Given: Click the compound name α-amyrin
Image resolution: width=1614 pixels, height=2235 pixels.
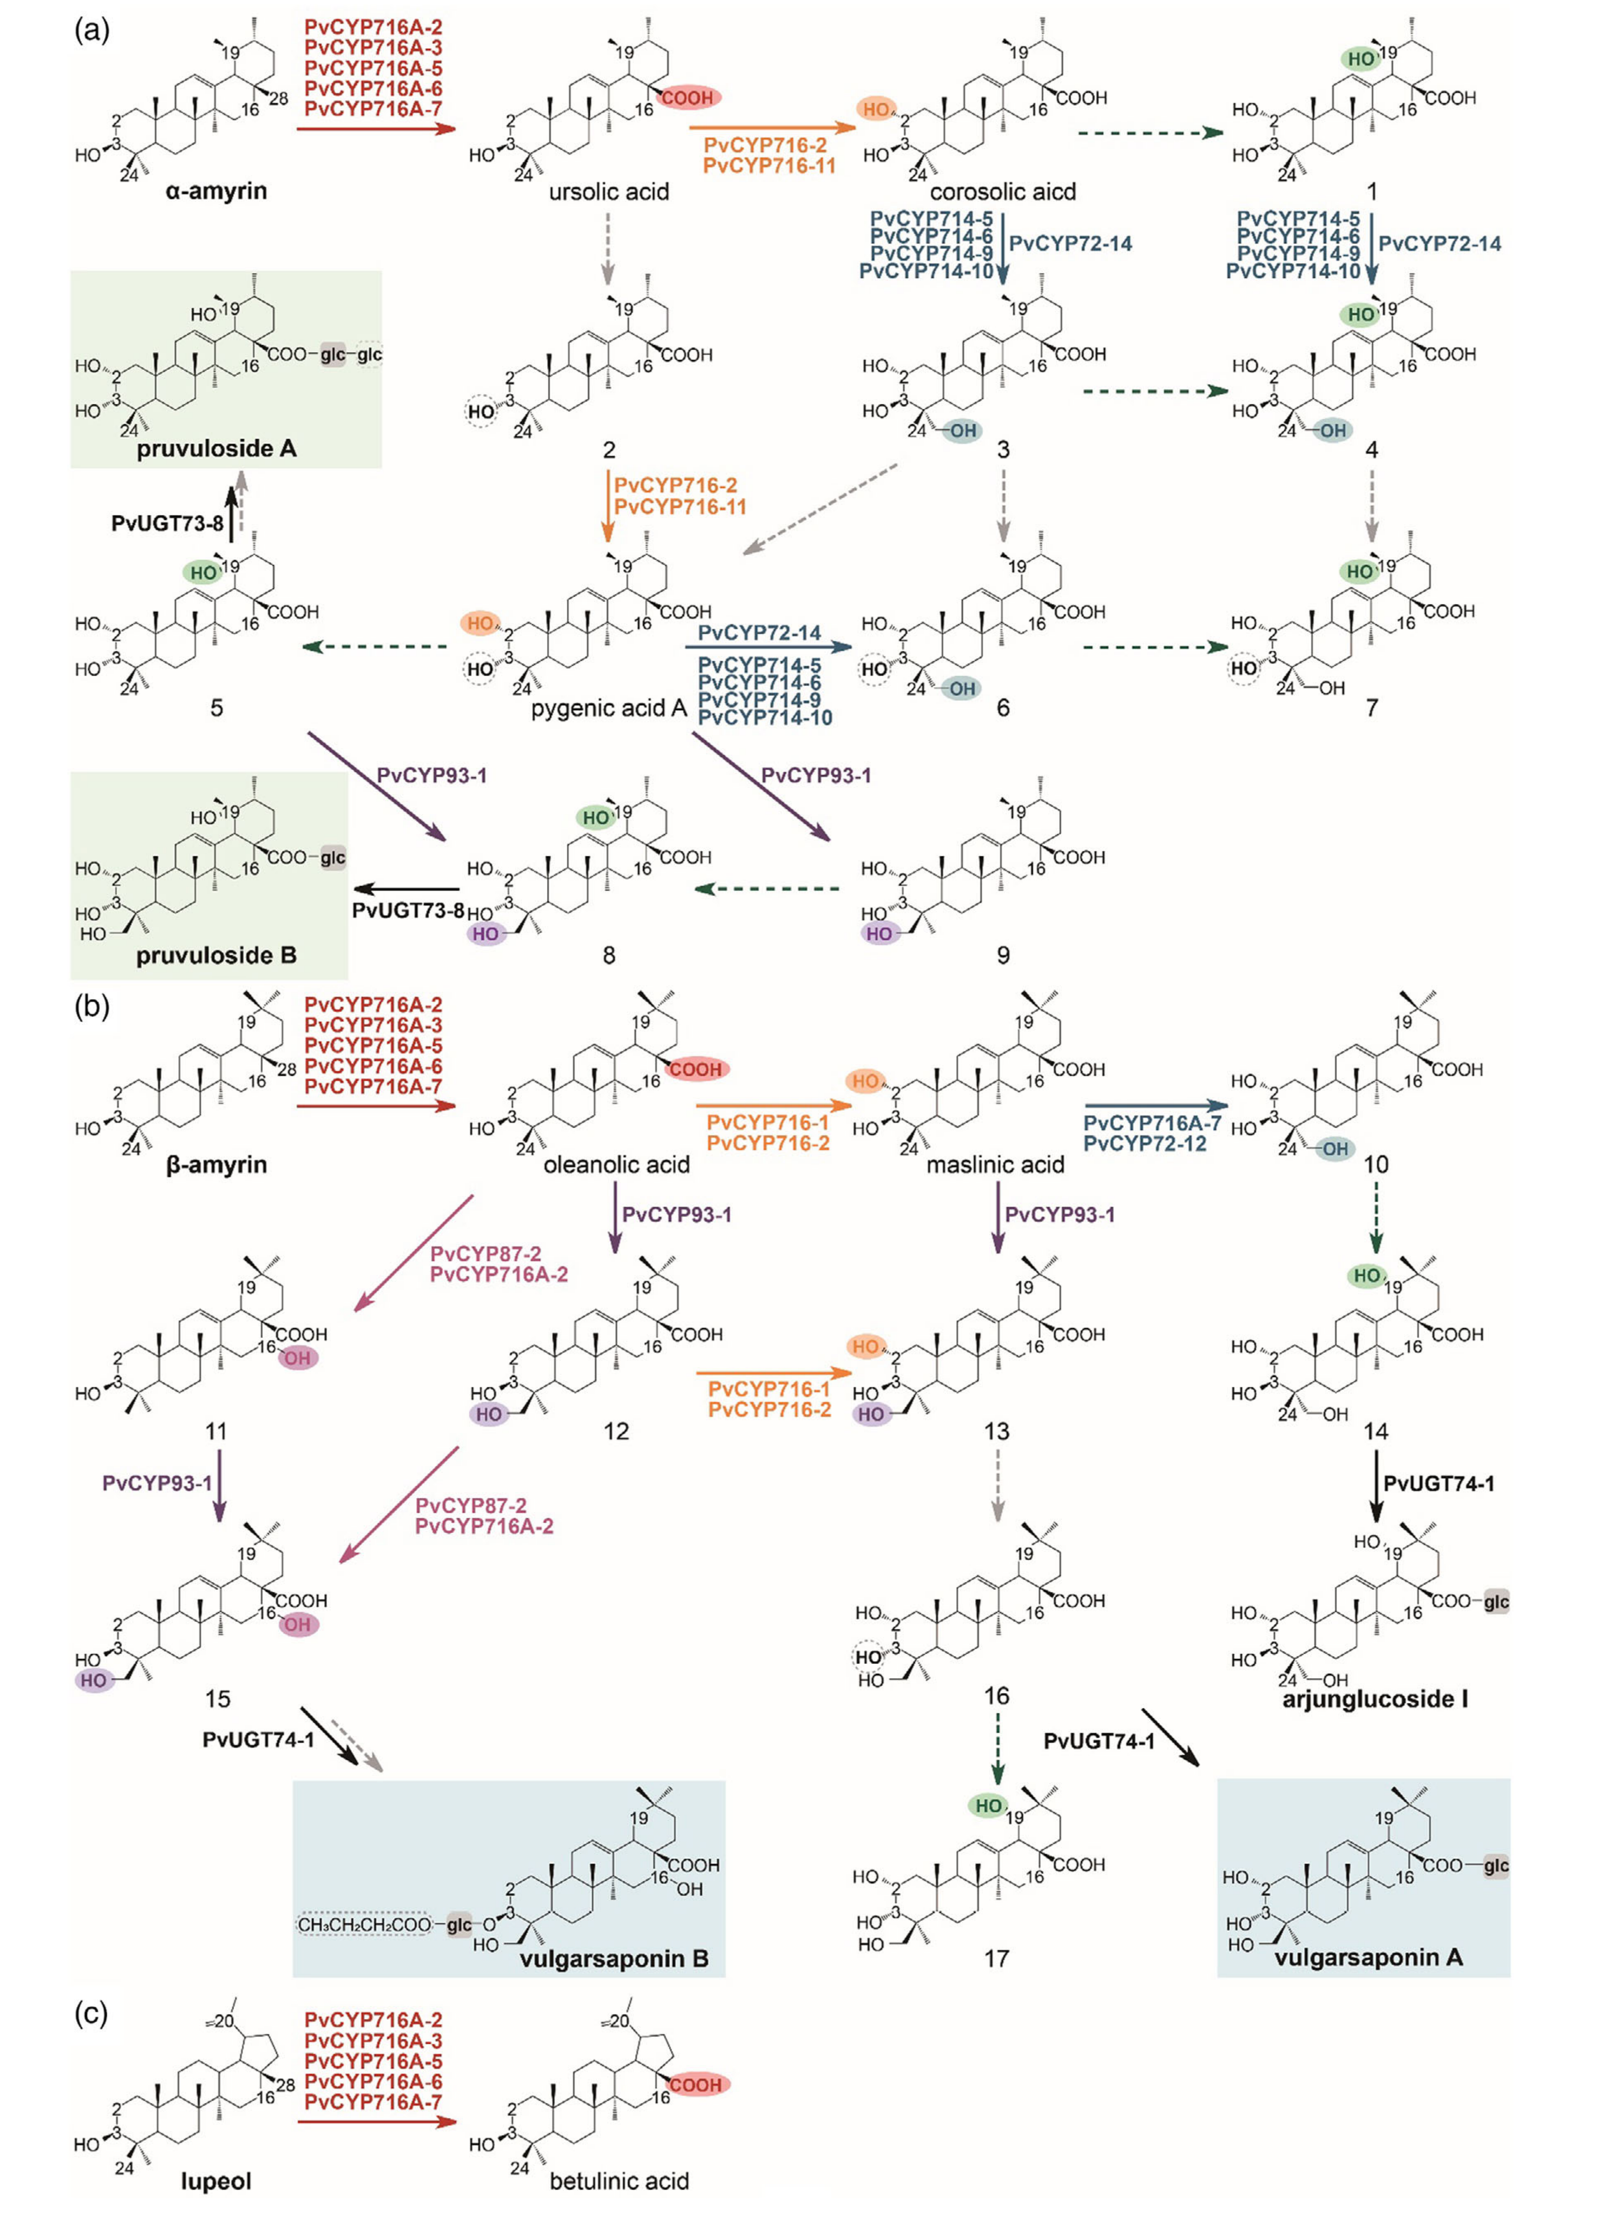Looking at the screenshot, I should click(x=216, y=190).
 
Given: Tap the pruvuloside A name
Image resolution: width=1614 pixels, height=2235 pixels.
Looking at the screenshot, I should click(x=216, y=448).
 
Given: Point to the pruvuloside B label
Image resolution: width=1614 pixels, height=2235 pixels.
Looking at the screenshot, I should click(x=216, y=955).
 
